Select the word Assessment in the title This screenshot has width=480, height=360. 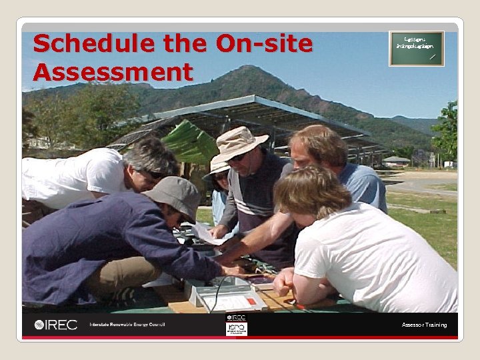(x=113, y=71)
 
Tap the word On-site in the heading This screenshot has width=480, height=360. (x=264, y=44)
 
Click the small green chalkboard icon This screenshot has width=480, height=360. (x=416, y=49)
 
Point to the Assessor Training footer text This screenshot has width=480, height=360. (x=424, y=325)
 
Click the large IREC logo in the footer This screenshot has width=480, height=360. (x=56, y=325)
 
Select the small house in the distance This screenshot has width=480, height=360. (x=397, y=161)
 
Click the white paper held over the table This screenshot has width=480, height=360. (x=203, y=231)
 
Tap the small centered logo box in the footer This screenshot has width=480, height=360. (x=236, y=325)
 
